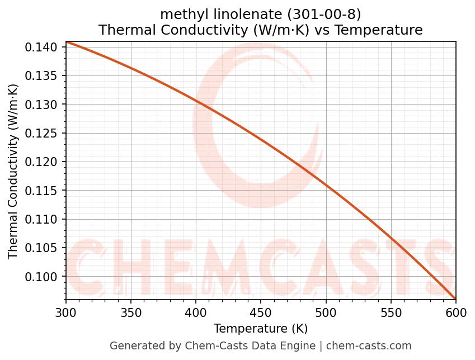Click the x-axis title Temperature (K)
(x=261, y=328)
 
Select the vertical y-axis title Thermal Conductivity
(x=13, y=171)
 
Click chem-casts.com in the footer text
(x=369, y=346)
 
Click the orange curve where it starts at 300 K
(x=67, y=42)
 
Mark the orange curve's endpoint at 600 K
(x=455, y=299)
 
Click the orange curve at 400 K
(x=196, y=101)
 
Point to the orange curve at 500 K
(x=326, y=184)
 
